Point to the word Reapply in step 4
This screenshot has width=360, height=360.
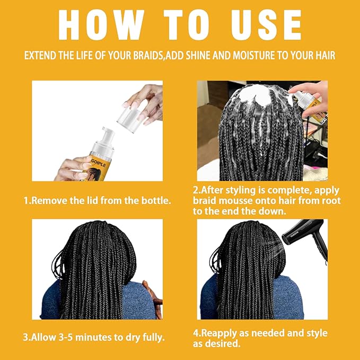click(223, 333)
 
